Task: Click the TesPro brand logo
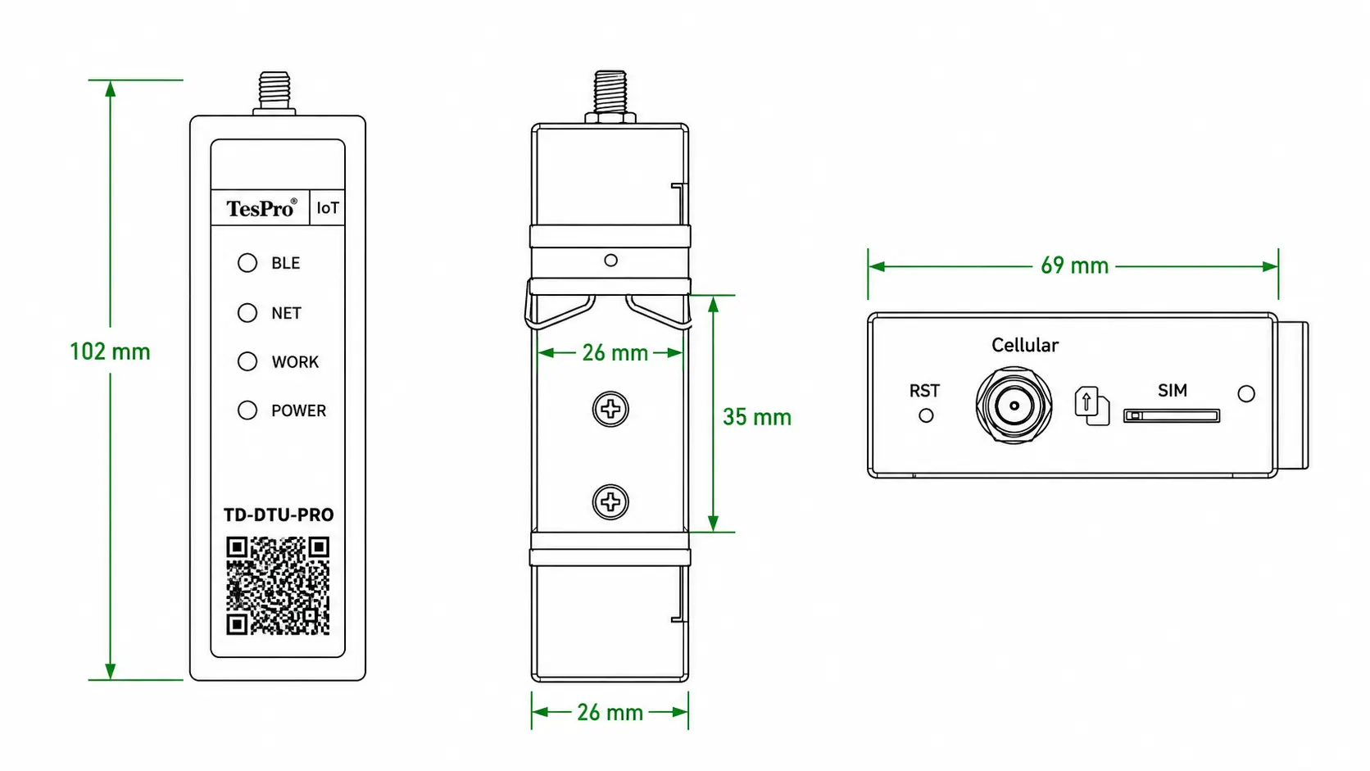261,208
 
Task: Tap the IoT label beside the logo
327,208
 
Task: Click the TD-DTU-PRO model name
279,515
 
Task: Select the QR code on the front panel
278,586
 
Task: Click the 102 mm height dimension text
110,351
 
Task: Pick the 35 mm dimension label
757,417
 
